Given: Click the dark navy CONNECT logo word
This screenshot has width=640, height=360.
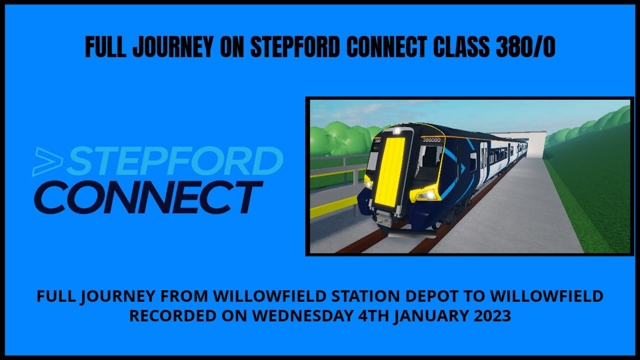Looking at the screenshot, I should click(x=148, y=197).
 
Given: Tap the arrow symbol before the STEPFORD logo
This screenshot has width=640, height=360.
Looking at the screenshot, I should click(x=47, y=162).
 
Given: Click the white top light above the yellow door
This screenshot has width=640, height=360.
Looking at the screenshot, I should click(x=397, y=131).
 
